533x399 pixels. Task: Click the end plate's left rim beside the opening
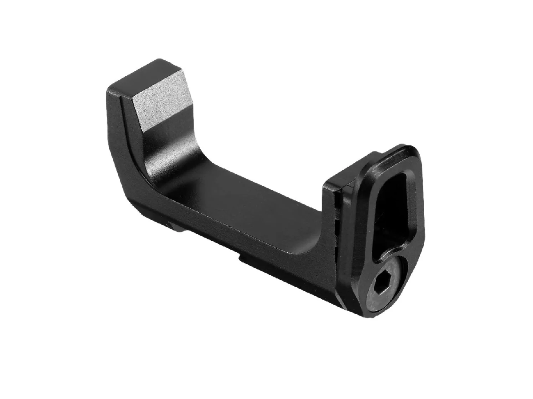(x=371, y=217)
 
